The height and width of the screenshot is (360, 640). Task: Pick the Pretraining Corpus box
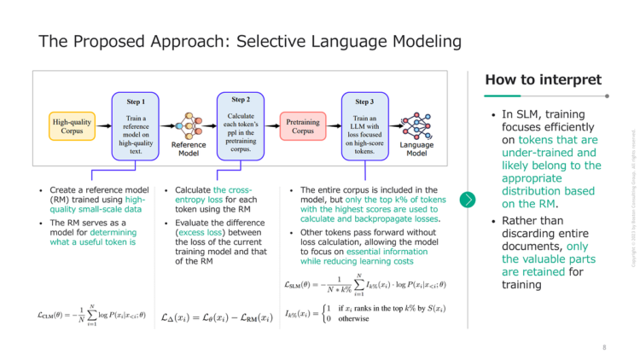click(x=303, y=127)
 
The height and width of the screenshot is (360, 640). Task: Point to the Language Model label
click(x=418, y=150)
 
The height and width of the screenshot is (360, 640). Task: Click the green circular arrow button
click(x=468, y=200)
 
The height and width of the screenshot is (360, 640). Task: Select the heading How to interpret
click(x=543, y=80)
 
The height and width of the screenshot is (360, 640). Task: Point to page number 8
click(x=604, y=347)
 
